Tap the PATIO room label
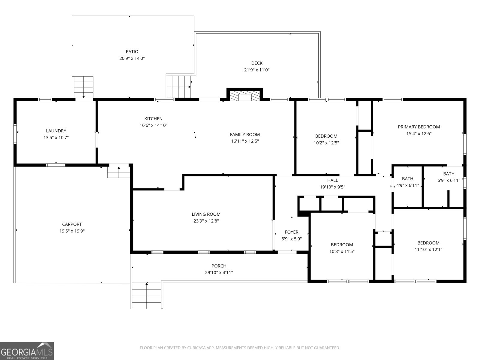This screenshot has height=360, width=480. (132, 52)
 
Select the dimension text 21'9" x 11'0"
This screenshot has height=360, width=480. (257, 70)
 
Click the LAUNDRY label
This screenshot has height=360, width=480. (56, 131)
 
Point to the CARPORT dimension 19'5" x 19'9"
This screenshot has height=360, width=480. (72, 231)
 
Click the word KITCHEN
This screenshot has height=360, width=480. (153, 119)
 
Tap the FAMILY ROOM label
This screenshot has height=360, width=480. (245, 135)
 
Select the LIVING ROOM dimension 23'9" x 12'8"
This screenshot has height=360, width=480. (206, 221)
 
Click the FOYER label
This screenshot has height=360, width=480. (292, 232)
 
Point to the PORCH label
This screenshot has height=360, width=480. (219, 266)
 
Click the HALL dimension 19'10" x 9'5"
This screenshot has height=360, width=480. (332, 187)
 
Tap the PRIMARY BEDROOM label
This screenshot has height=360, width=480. (419, 127)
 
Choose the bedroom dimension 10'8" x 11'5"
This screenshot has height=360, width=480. (342, 251)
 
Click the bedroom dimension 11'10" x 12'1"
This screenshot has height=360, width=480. (428, 249)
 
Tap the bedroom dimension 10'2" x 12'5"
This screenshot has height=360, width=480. (326, 143)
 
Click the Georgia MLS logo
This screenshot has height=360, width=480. (27, 351)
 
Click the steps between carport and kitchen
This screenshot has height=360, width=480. (119, 172)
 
